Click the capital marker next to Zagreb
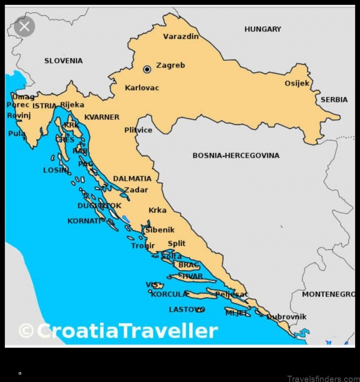coord(147,69)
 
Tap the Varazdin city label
coord(180,36)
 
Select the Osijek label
coord(297,83)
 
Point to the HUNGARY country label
coord(262,29)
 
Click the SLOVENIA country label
coord(63,61)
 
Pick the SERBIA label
coord(334,99)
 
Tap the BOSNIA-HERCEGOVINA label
coord(236,156)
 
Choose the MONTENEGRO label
coord(328,294)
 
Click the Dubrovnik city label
coord(287,317)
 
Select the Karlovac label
coord(142,88)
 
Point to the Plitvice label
coord(138,130)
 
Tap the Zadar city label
coord(136,190)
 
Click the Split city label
coord(176,243)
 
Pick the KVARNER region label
coord(102,117)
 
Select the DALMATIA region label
coord(132,179)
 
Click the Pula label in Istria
coord(17,134)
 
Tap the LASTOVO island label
coord(186,310)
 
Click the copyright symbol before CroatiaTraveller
coord(26,331)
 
